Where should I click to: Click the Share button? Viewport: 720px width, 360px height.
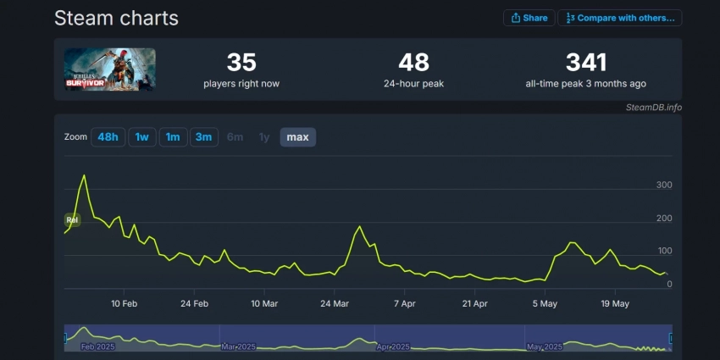(x=529, y=18)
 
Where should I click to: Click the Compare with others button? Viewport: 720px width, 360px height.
(x=620, y=18)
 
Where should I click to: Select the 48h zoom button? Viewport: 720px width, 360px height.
(x=108, y=137)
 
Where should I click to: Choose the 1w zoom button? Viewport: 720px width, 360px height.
(x=141, y=137)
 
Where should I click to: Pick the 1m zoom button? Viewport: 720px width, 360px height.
(x=172, y=137)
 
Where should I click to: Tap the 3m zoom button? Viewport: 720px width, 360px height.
(x=203, y=137)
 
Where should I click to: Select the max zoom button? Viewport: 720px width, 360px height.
(x=297, y=137)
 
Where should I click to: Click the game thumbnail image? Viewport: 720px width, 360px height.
(x=110, y=69)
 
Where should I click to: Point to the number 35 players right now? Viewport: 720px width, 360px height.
(x=241, y=62)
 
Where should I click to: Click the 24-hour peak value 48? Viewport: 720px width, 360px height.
(x=413, y=62)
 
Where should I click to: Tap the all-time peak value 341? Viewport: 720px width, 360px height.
(x=586, y=62)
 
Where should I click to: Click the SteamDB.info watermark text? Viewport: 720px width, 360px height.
(x=653, y=108)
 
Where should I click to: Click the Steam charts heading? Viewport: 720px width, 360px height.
(x=116, y=18)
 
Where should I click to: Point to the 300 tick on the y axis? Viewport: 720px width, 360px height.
(x=664, y=186)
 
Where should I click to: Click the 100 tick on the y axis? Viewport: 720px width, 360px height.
(x=664, y=252)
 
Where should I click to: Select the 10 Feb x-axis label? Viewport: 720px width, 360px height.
(x=125, y=303)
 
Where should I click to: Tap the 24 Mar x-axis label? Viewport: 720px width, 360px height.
(x=335, y=303)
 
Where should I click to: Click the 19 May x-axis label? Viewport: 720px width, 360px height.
(x=615, y=303)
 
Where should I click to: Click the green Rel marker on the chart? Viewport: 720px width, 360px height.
(x=72, y=220)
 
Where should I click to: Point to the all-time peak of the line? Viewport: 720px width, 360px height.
(x=84, y=175)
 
